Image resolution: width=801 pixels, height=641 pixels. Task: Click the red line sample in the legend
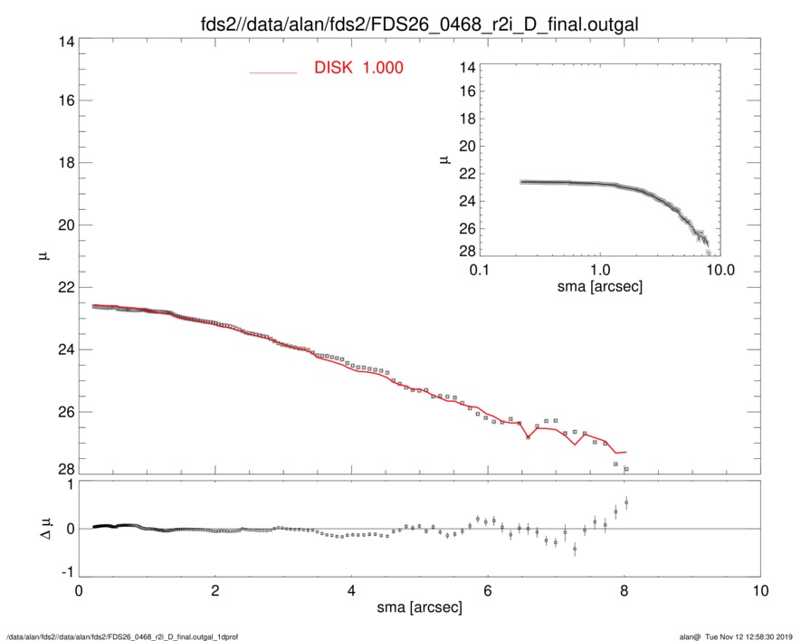pos(273,72)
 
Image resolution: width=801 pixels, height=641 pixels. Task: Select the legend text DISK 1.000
pos(358,68)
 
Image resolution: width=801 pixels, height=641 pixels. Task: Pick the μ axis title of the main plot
pos(43,256)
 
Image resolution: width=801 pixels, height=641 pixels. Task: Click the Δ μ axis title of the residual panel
pos(43,529)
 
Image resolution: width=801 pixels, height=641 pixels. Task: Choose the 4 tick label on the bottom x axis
pos(352,590)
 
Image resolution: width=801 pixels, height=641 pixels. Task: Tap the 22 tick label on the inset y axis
pos(467,174)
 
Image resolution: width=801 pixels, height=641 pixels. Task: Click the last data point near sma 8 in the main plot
pos(625,469)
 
